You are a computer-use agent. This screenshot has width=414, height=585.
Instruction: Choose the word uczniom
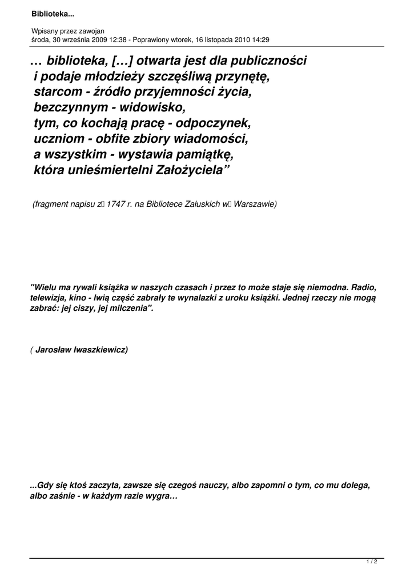click(58, 138)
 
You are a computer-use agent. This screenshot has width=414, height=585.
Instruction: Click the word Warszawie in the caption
click(254, 203)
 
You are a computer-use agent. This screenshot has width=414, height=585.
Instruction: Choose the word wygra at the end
click(165, 496)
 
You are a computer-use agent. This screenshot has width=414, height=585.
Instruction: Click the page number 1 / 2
click(372, 562)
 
